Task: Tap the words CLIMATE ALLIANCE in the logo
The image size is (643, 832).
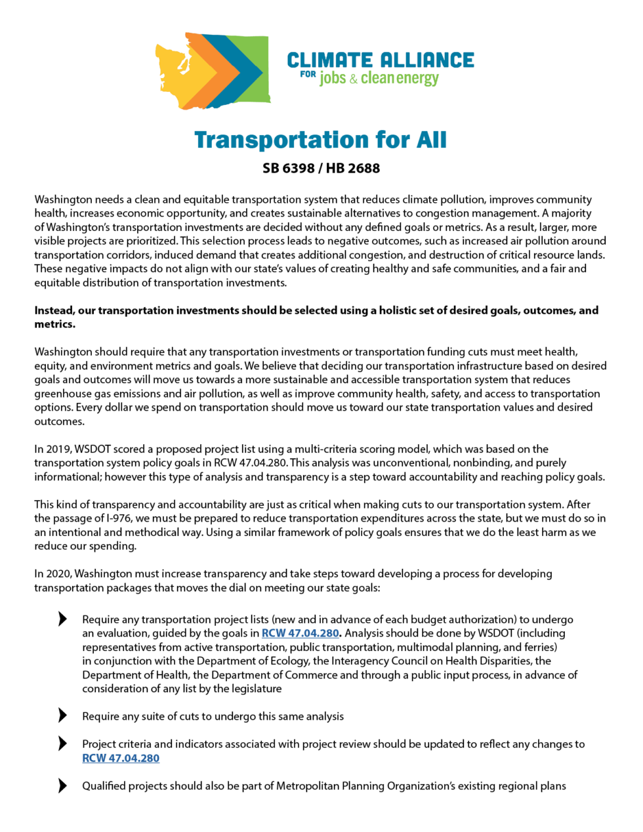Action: pos(381,60)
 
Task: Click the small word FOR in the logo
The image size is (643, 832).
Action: pos(308,74)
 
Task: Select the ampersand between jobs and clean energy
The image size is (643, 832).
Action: pos(354,79)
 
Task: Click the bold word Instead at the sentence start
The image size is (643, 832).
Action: pos(54,310)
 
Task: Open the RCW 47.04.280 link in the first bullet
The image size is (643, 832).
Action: pos(300,633)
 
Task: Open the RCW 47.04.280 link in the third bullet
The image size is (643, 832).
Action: pos(121,759)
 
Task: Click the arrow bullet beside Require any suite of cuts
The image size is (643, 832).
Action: pos(62,716)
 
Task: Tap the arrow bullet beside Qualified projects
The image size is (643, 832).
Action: pos(62,785)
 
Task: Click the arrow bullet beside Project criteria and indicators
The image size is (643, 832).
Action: pos(62,743)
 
